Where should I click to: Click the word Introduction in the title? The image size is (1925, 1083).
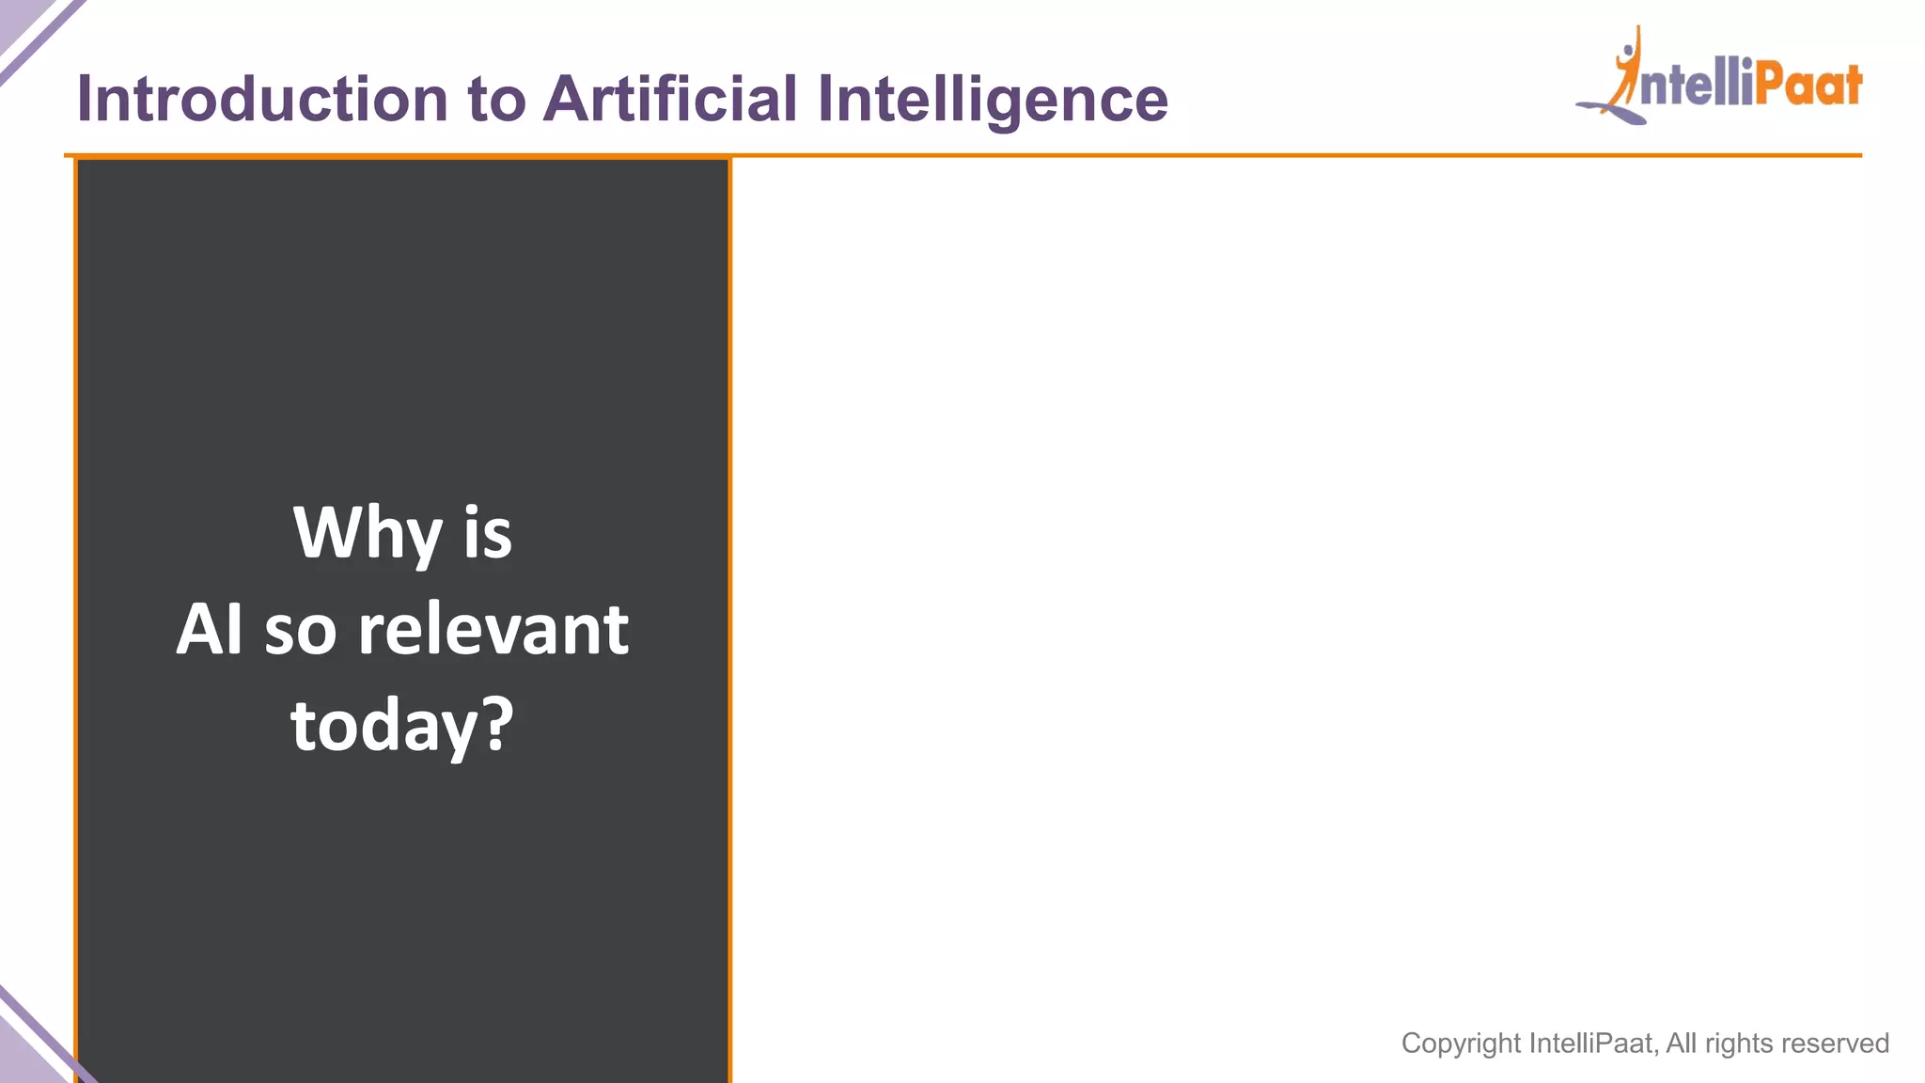click(262, 99)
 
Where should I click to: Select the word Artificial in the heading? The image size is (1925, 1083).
click(671, 99)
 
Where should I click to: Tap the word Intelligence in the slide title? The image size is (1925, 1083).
click(993, 99)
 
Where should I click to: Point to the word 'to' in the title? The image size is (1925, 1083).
click(496, 99)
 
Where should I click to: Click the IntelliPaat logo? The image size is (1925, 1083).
click(1720, 79)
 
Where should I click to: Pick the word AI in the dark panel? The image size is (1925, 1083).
click(209, 629)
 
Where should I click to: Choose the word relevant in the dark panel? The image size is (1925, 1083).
click(493, 629)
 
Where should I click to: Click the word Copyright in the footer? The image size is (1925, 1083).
click(1461, 1044)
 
